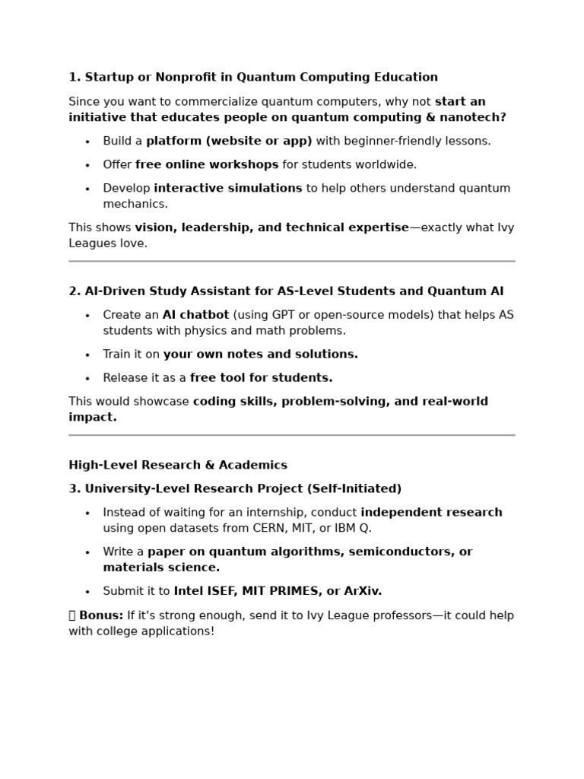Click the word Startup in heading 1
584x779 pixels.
(x=107, y=78)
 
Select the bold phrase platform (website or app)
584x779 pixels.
(x=229, y=141)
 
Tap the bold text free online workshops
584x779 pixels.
(x=207, y=164)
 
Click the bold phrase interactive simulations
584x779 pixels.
(x=227, y=188)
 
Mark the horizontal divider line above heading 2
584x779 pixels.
(x=292, y=261)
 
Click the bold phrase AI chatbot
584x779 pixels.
(x=195, y=315)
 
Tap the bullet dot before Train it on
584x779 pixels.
(x=87, y=355)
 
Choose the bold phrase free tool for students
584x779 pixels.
(x=261, y=378)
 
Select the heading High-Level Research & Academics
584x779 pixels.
(x=178, y=466)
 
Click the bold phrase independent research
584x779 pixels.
(x=431, y=513)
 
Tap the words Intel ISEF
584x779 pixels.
(x=204, y=591)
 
